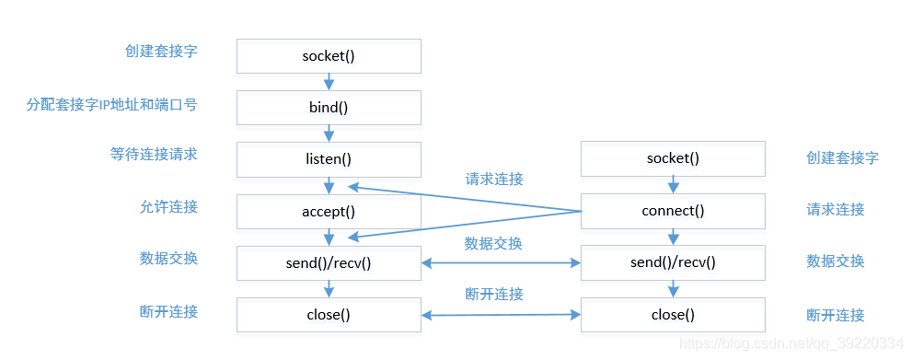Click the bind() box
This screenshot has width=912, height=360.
(329, 107)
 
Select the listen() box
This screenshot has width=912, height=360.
(329, 158)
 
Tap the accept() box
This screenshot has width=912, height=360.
(329, 211)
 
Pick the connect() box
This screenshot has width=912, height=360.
(673, 211)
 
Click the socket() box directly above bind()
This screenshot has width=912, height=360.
(329, 56)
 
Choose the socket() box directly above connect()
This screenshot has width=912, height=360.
(673, 158)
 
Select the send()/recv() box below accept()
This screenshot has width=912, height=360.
(329, 263)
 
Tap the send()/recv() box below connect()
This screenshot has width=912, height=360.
(673, 263)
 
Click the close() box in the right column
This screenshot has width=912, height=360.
(673, 315)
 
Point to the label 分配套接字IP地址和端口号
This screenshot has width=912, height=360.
(111, 104)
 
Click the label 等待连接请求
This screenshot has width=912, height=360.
(154, 155)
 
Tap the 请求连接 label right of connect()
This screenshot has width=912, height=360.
(836, 209)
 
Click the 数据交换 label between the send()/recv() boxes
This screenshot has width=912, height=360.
(493, 244)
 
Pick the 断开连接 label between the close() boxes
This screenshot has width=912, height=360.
(494, 295)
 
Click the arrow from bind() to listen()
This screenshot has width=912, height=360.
(329, 133)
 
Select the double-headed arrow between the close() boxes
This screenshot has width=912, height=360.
(501, 315)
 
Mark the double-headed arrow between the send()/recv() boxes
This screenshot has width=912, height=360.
(501, 263)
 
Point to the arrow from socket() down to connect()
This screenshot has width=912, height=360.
(673, 184)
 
